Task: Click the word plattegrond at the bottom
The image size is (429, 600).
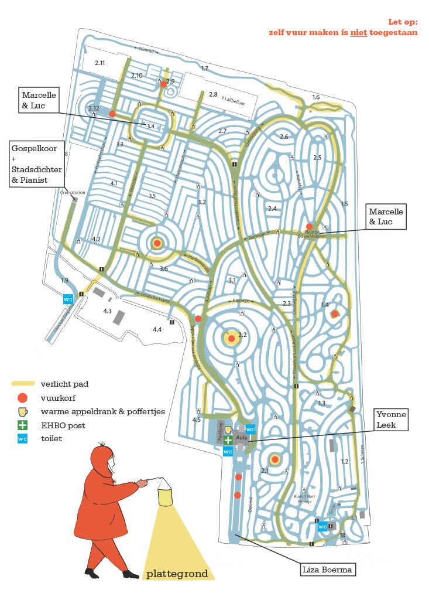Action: [x=177, y=573]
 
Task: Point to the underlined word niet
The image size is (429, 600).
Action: [x=358, y=33]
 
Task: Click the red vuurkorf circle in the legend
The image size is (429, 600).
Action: [x=22, y=397]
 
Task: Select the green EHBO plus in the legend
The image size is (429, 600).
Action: [x=22, y=425]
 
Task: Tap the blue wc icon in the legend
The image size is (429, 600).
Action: [x=22, y=438]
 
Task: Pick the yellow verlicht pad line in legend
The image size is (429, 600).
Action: [x=23, y=384]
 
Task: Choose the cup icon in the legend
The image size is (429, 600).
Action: [x=22, y=411]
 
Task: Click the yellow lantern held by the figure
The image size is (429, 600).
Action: [x=166, y=495]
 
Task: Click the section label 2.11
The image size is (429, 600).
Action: [x=99, y=63]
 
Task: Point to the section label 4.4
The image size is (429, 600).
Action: [x=157, y=330]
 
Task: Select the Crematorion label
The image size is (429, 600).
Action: [x=73, y=192]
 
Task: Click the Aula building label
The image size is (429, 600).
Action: [x=241, y=437]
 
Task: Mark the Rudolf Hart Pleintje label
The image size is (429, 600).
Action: [x=304, y=497]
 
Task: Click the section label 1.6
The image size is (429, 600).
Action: [x=316, y=97]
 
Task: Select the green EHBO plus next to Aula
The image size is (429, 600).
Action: [x=228, y=439]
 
